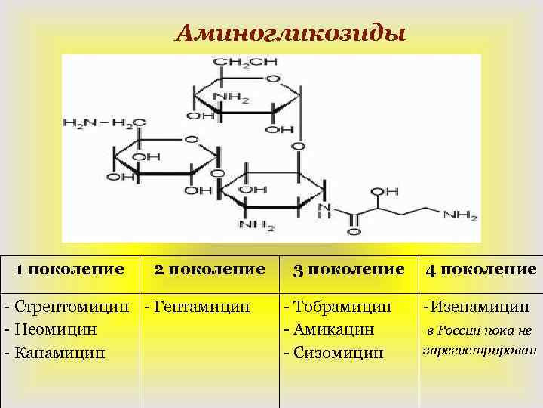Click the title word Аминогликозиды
tap(290, 34)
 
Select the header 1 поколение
tap(70, 268)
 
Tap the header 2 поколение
tap(209, 268)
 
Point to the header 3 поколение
tap(348, 269)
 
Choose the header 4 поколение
tap(481, 269)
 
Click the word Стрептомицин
tap(79, 308)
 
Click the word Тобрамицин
tap(343, 308)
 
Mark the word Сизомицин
tap(342, 352)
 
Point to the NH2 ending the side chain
tap(461, 215)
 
